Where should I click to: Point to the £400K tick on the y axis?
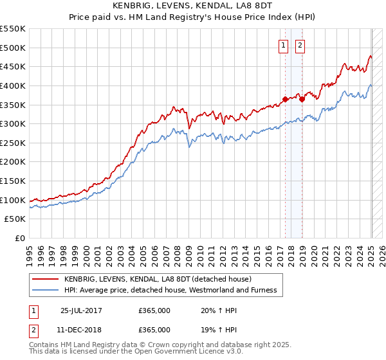[13, 85]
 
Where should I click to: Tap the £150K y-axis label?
[13, 181]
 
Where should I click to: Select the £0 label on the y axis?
[20, 238]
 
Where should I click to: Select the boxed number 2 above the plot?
[300, 45]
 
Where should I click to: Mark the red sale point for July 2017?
[285, 99]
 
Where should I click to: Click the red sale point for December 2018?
[301, 99]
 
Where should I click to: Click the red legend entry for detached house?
[161, 279]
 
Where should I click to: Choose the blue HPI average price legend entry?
[170, 290]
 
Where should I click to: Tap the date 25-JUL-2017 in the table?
[81, 310]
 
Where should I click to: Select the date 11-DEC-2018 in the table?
[81, 329]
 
